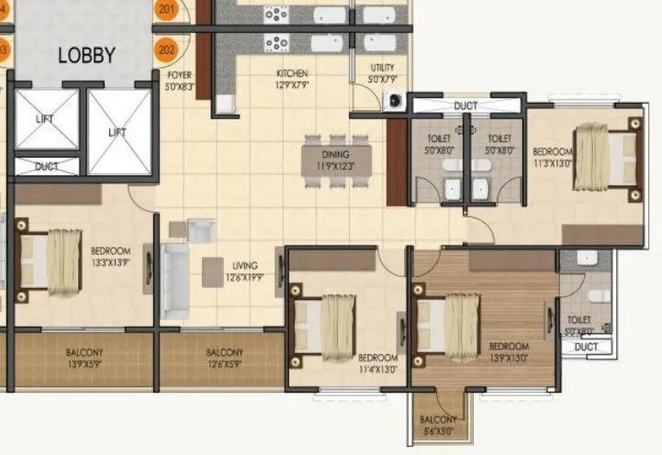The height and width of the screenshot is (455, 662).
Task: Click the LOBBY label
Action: tap(86, 55)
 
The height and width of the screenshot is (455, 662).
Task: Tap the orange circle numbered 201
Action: tap(166, 10)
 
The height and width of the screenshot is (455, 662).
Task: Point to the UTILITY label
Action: tap(383, 72)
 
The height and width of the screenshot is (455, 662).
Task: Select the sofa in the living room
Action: tap(175, 281)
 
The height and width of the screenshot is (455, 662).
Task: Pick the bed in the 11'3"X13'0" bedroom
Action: tap(607, 160)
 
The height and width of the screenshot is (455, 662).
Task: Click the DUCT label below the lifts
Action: tap(47, 167)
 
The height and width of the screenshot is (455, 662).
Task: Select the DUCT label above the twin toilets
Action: tap(466, 106)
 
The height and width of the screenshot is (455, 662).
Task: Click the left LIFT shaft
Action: tap(47, 119)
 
